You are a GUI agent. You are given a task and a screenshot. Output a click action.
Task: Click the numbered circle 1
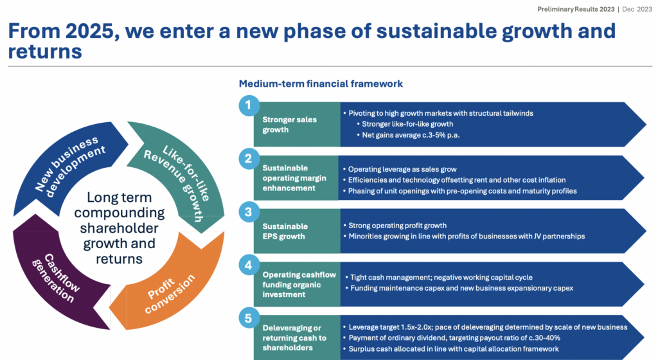tap(249, 105)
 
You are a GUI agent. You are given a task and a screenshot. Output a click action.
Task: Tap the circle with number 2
tap(249, 159)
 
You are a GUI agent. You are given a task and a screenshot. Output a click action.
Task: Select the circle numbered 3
tap(249, 212)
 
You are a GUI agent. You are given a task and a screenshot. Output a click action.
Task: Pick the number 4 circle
tap(249, 265)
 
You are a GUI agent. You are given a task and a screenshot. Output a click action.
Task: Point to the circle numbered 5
tap(249, 318)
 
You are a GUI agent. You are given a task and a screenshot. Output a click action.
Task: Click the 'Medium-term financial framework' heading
tap(321, 84)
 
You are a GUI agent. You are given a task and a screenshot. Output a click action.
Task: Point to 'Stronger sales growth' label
tap(290, 125)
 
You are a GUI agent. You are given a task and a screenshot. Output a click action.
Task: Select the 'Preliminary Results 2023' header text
tap(576, 9)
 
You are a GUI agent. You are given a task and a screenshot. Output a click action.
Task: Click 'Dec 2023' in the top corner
tap(637, 9)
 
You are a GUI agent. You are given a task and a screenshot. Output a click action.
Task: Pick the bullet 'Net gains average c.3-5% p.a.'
tap(408, 135)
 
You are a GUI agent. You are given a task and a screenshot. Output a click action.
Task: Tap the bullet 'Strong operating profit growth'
tap(395, 226)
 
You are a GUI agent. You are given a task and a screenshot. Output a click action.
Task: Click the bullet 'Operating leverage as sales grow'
tap(400, 170)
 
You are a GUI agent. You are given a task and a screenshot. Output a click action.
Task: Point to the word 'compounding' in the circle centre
tap(120, 213)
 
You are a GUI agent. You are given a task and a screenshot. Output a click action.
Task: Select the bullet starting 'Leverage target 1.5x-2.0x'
tap(485, 327)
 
